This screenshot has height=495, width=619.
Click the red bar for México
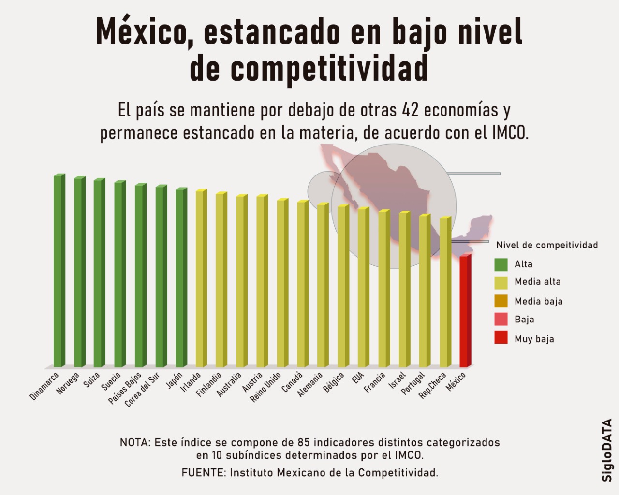(464, 312)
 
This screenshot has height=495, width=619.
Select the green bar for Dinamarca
(59, 271)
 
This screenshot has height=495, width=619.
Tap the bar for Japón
(180, 278)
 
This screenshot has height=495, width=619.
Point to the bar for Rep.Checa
(444, 292)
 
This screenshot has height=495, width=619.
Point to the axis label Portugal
(413, 383)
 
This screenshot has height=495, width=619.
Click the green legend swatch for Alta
(501, 264)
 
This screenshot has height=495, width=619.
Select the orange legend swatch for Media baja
(501, 301)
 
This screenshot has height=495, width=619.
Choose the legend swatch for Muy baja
(501, 338)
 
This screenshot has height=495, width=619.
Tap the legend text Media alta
(537, 282)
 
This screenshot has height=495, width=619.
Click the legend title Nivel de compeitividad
(547, 245)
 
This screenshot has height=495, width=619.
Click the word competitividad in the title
(329, 69)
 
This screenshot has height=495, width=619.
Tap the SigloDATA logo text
(607, 450)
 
